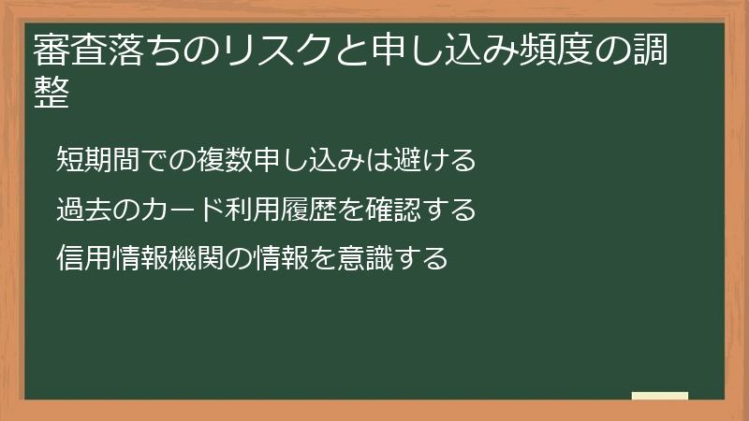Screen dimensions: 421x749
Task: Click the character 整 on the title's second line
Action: [51, 93]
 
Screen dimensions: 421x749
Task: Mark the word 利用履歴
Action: [281, 209]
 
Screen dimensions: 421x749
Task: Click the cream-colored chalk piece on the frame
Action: [660, 396]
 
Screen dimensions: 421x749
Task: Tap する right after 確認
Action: [449, 209]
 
